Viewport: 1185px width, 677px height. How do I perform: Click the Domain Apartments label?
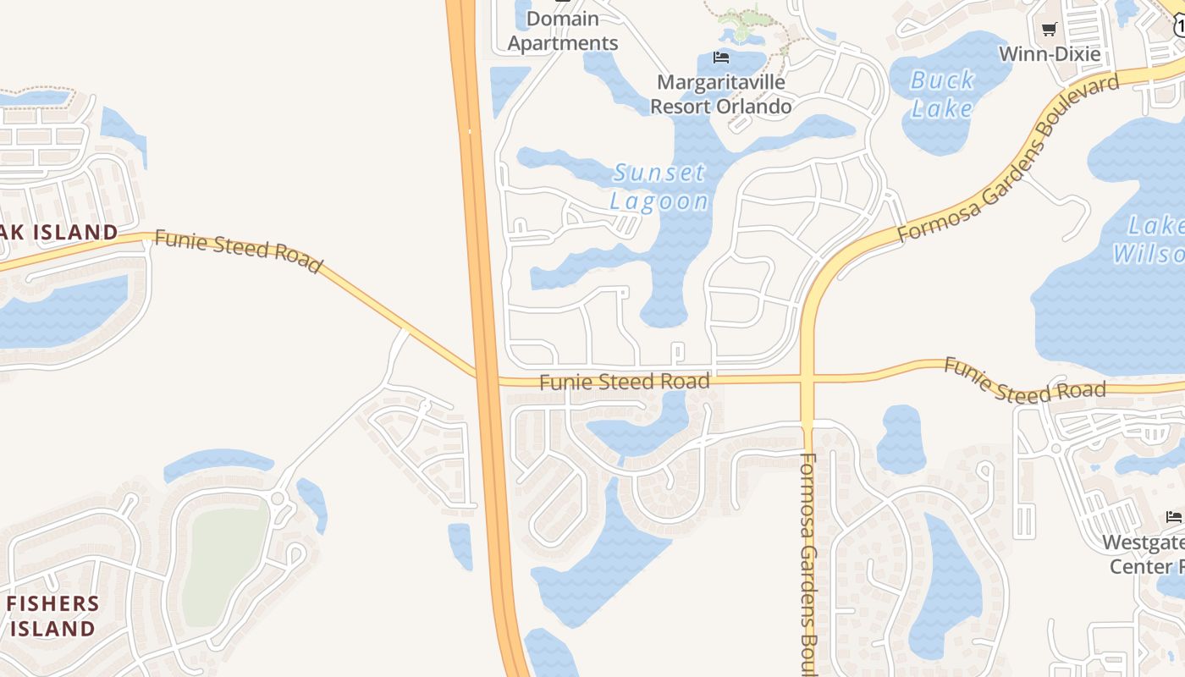point(563,31)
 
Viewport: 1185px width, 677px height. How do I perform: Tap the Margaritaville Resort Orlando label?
point(721,94)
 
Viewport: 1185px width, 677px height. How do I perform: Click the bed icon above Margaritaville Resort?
point(721,58)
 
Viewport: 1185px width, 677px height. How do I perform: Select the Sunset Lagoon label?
point(659,187)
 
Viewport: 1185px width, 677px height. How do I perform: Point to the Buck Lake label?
point(942,94)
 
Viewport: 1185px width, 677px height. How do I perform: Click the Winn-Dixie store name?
point(1050,54)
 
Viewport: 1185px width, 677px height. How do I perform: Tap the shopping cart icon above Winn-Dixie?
point(1050,30)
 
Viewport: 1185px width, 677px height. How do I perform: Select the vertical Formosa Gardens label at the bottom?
point(807,563)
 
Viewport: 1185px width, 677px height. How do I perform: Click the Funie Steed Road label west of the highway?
point(239,251)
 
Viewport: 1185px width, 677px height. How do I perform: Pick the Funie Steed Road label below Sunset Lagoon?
point(624,382)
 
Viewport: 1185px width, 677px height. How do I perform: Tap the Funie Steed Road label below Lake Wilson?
point(1024,380)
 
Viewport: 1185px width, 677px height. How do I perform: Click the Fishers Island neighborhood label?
point(52,615)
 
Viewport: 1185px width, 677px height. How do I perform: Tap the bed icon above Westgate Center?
point(1174,516)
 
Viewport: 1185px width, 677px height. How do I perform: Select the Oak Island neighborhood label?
point(59,232)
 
